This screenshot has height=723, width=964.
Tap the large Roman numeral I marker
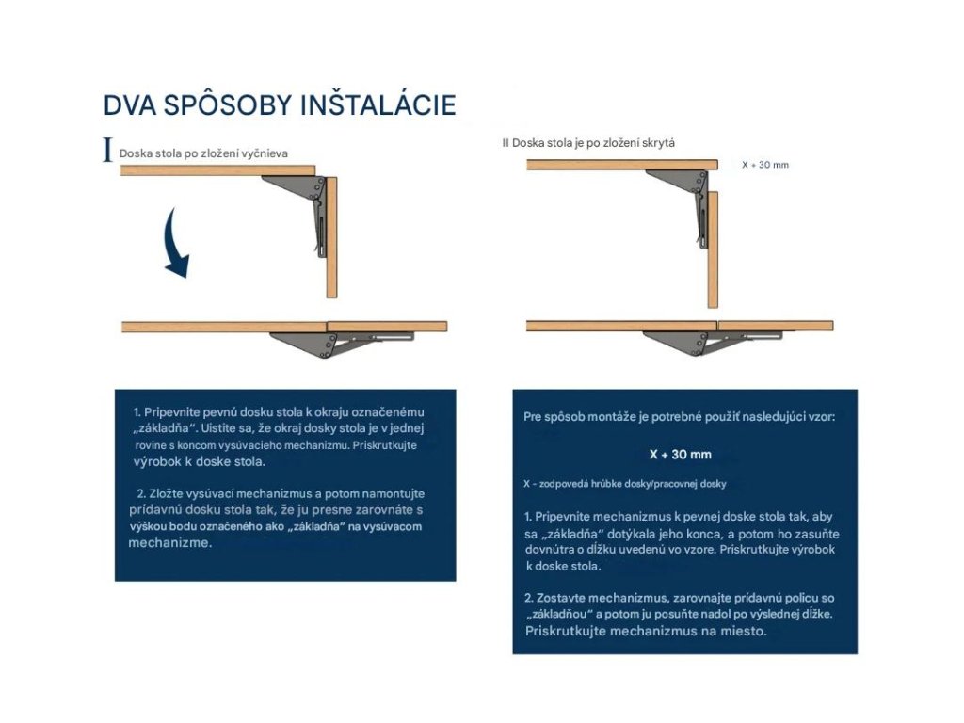pyautogui.click(x=108, y=151)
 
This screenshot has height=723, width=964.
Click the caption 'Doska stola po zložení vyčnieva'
pyautogui.click(x=203, y=153)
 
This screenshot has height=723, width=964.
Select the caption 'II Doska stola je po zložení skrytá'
pyautogui.click(x=588, y=142)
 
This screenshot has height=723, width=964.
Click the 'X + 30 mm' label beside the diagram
pyautogui.click(x=764, y=165)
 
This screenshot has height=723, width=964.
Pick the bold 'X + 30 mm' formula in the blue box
pyautogui.click(x=681, y=454)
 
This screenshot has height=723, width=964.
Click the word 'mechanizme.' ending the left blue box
pyautogui.click(x=169, y=543)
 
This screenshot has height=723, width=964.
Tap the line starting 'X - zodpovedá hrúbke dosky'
pyautogui.click(x=624, y=483)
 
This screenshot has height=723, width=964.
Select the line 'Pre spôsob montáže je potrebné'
pyautogui.click(x=679, y=416)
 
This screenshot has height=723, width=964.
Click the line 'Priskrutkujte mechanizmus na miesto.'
pyautogui.click(x=646, y=632)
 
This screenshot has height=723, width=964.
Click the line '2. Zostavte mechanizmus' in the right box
pyautogui.click(x=679, y=598)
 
